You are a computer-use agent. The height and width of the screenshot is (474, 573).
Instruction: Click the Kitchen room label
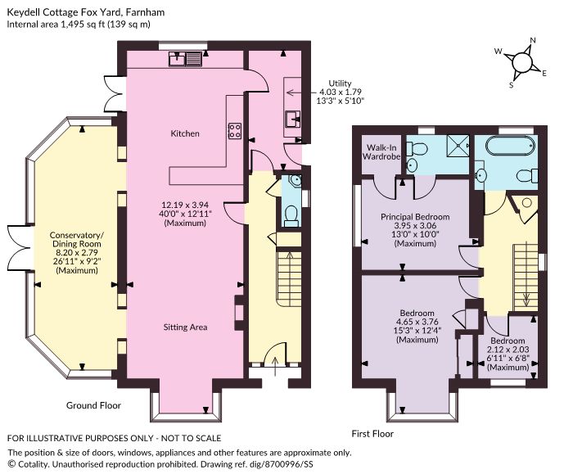click(185, 133)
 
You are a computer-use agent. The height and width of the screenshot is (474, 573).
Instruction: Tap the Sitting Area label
click(185, 327)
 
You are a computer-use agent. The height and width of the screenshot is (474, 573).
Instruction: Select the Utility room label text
click(340, 84)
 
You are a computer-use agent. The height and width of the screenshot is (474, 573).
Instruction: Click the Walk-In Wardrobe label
click(381, 152)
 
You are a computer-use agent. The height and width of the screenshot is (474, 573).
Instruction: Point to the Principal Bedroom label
click(415, 217)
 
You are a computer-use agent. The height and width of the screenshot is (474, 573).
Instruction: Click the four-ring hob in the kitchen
click(235, 131)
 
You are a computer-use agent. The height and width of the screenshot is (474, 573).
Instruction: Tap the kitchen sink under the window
click(185, 59)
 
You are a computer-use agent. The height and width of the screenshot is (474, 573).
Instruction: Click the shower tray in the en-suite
click(457, 146)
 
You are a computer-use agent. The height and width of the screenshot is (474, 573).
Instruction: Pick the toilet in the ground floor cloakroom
click(291, 215)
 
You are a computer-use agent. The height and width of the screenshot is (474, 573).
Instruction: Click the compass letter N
click(533, 41)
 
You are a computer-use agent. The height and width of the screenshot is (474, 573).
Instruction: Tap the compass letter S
click(512, 85)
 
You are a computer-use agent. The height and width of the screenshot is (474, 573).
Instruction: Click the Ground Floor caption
click(93, 405)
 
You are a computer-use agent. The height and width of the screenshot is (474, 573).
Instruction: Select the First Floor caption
click(372, 434)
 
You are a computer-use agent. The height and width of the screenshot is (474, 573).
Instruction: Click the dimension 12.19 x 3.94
click(185, 205)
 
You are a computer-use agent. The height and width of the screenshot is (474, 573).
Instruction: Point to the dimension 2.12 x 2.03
click(508, 350)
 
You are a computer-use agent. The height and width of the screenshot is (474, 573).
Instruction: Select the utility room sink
click(292, 120)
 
